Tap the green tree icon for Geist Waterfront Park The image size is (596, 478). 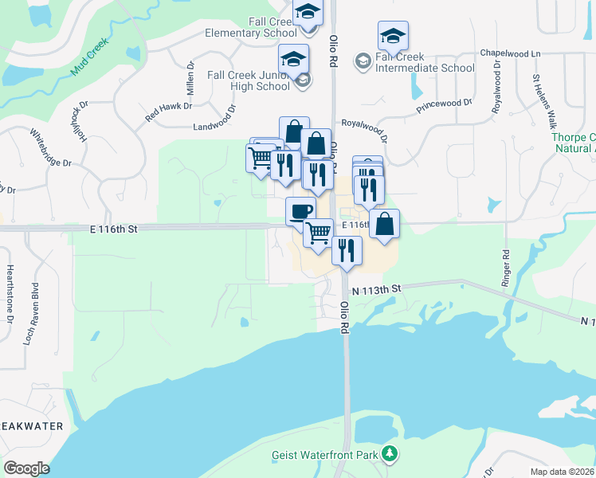[x=390, y=454]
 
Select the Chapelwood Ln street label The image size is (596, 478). [x=510, y=53]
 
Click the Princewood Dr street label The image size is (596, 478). [x=445, y=106]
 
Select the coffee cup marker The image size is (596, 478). [x=300, y=211]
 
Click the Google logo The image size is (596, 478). [x=26, y=468]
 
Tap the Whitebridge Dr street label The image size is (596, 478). [x=51, y=147]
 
